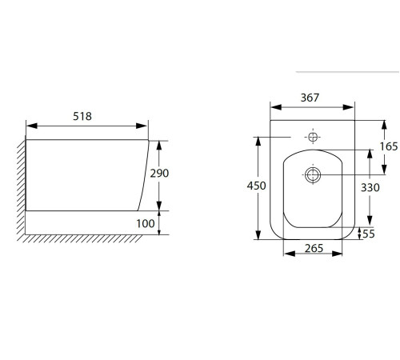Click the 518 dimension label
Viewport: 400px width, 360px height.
pyautogui.click(x=82, y=116)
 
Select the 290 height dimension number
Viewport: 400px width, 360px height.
pyautogui.click(x=159, y=174)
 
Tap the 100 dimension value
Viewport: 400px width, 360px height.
pyautogui.click(x=146, y=223)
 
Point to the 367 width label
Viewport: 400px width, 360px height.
pyautogui.click(x=310, y=98)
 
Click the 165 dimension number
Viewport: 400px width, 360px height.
pyautogui.click(x=389, y=146)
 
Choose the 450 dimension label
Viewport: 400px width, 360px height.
pyautogui.click(x=256, y=186)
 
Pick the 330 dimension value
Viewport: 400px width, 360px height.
pyautogui.click(x=370, y=188)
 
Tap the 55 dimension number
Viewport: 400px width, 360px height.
pyautogui.click(x=369, y=234)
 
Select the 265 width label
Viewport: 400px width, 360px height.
pyautogui.click(x=314, y=248)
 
